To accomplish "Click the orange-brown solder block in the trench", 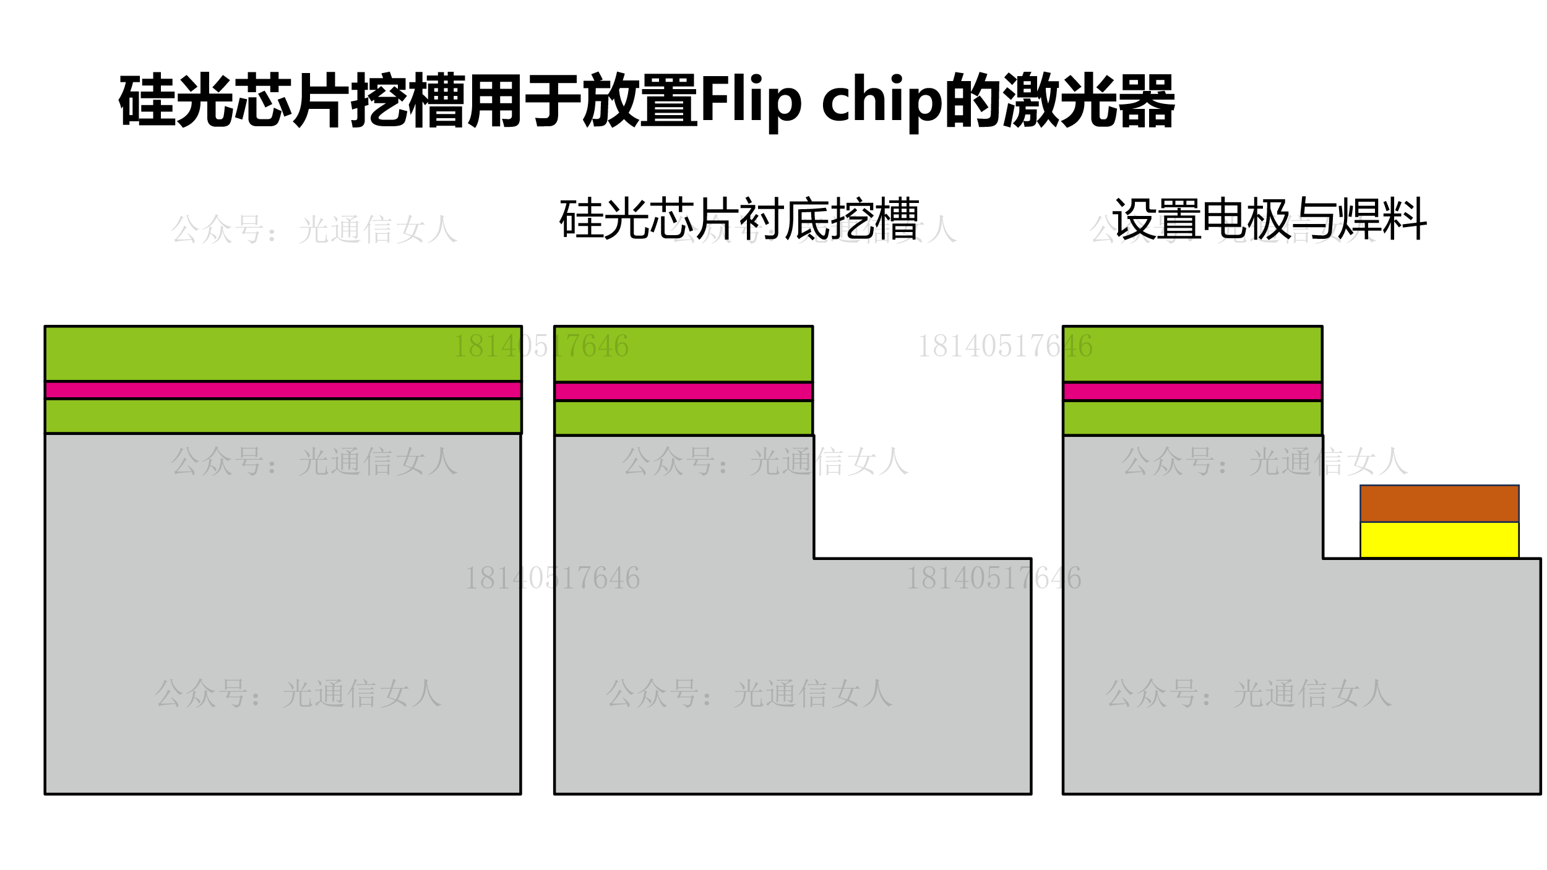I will pos(1439,503).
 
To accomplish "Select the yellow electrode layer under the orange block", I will pos(1439,540).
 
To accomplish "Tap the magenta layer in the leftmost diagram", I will pos(283,390).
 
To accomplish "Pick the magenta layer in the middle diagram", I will pos(683,391).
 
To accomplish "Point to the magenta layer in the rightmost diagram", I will pos(1192,391).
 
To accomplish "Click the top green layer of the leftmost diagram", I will pos(283,353).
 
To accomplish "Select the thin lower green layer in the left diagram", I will pos(283,416).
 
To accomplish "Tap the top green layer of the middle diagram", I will pos(683,354).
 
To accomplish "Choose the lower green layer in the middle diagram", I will pos(683,418).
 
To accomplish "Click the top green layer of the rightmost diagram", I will pos(1192,354).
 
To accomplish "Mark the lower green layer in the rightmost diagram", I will pos(1192,418).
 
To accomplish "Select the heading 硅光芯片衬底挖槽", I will pos(739,218).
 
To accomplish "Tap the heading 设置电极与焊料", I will pos(1269,218).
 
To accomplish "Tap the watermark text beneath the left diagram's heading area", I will pos(314,230).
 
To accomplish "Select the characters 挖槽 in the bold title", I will pos(408,101).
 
